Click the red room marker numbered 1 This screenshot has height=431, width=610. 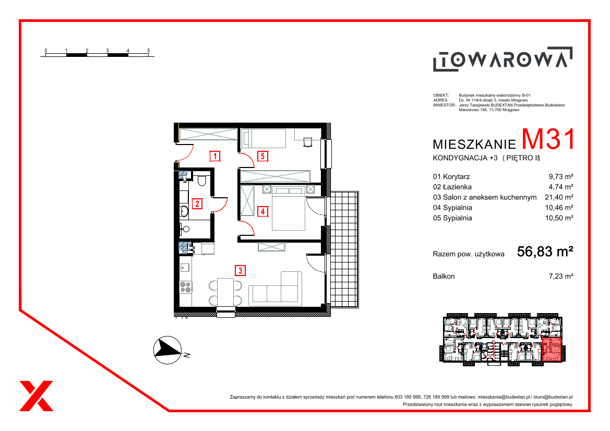(215, 157)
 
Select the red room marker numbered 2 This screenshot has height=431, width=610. (197, 203)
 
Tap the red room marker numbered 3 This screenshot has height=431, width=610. (241, 270)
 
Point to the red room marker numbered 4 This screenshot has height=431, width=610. (263, 212)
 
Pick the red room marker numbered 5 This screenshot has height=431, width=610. (262, 157)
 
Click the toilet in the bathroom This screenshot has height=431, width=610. (201, 181)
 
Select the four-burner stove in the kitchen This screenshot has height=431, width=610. (186, 286)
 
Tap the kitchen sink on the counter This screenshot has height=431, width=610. (185, 268)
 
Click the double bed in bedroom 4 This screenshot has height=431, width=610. (288, 208)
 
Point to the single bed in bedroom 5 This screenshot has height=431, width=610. (264, 138)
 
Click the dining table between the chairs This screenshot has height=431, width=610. (225, 292)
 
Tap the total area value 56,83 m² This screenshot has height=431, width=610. (545, 252)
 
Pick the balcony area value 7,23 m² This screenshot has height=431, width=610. (560, 276)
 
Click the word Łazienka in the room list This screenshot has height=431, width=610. (457, 187)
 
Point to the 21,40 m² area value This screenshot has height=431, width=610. (559, 197)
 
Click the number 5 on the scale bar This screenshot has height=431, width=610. (148, 51)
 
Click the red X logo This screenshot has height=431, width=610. (36, 396)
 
